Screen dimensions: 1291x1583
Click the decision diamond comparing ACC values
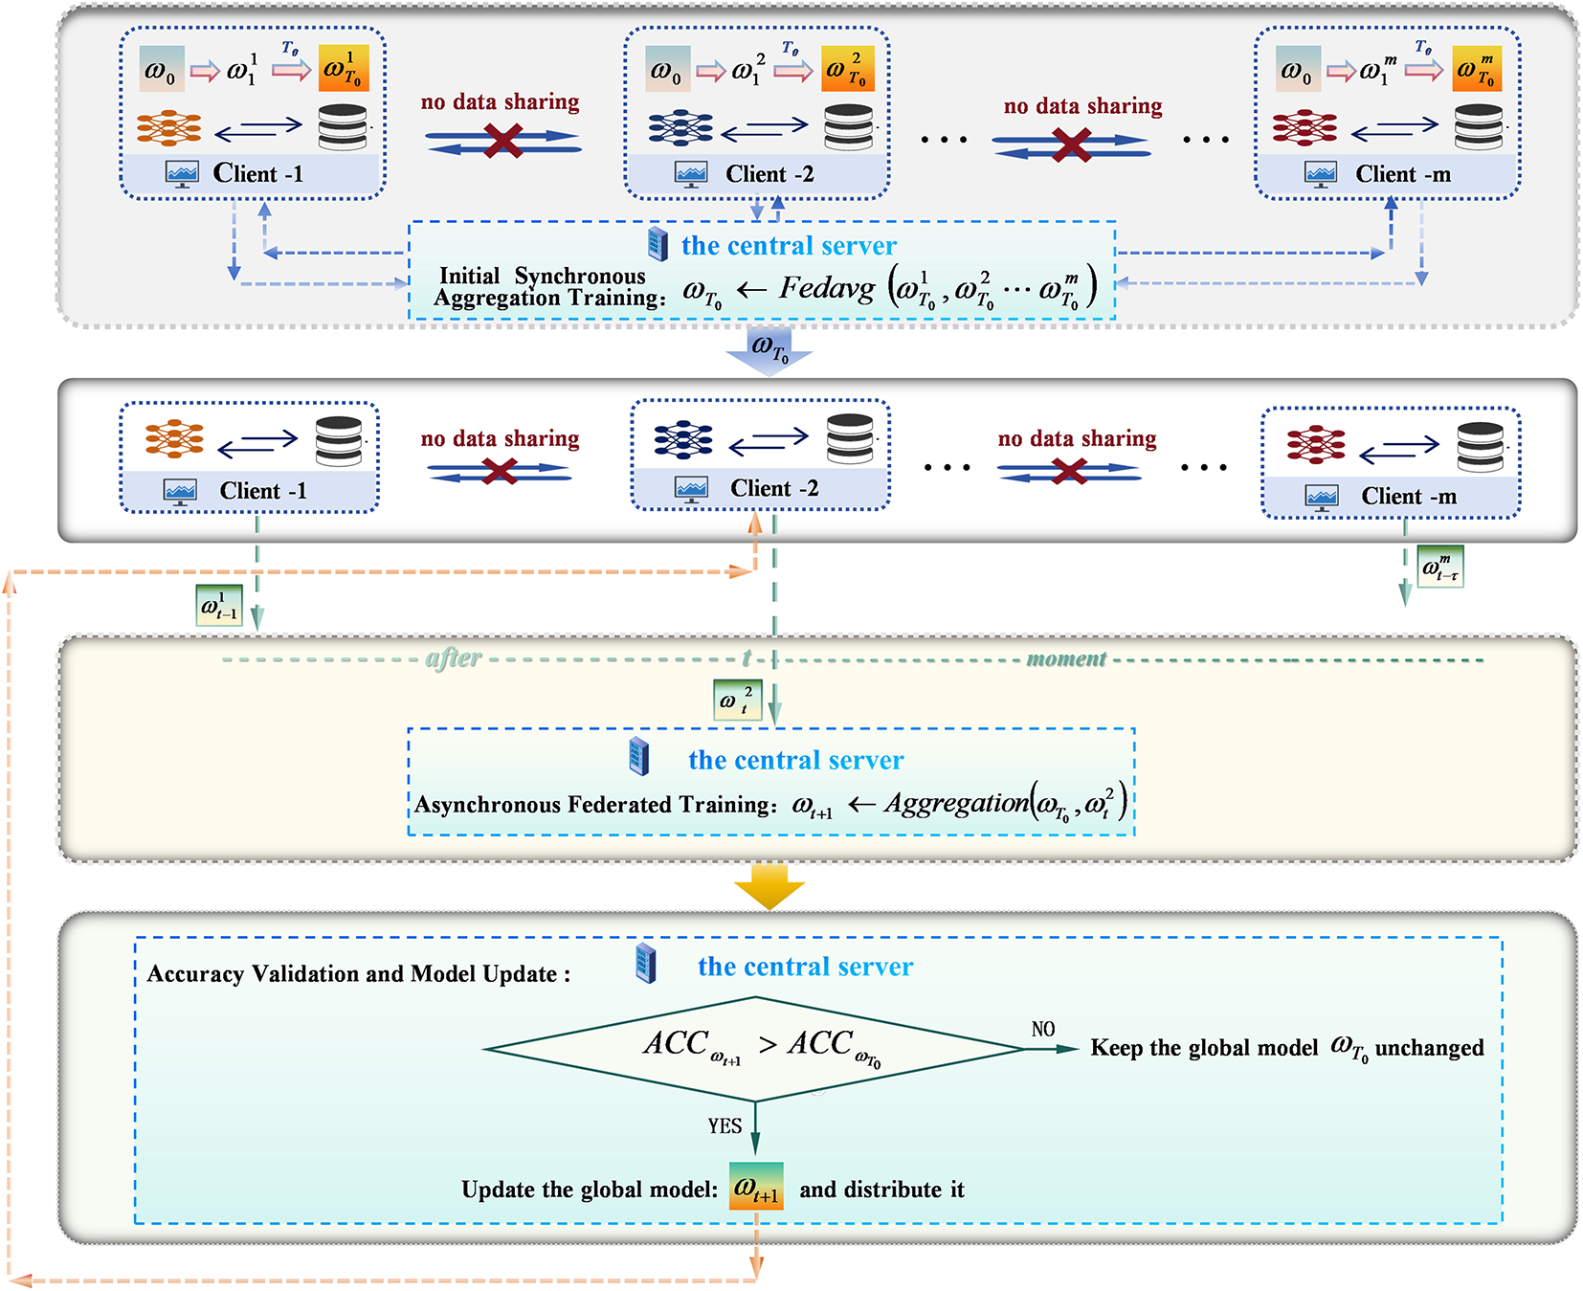point(755,1049)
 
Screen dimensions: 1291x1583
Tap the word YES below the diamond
point(725,1126)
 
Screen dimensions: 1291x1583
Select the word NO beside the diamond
point(1043,1029)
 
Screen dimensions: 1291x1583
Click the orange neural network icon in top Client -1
point(168,127)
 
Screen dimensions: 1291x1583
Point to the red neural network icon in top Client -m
point(1304,127)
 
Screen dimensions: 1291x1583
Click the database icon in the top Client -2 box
point(849,127)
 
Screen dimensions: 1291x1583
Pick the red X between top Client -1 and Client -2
point(503,142)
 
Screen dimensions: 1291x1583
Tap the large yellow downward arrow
point(769,886)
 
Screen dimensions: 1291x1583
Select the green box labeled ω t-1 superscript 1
point(219,606)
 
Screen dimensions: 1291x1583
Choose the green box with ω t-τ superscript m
point(1440,567)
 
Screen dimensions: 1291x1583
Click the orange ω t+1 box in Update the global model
point(756,1187)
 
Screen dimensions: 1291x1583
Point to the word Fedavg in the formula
point(826,287)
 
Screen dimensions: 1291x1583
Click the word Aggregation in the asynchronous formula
point(955,803)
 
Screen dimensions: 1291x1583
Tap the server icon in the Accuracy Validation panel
point(647,964)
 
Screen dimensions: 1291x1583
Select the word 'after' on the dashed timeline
point(454,658)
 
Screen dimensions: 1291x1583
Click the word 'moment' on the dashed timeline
point(1066,658)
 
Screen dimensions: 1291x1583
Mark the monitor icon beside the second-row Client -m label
point(1322,497)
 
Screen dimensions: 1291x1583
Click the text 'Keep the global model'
point(1204,1048)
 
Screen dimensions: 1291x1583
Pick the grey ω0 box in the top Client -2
point(667,70)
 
